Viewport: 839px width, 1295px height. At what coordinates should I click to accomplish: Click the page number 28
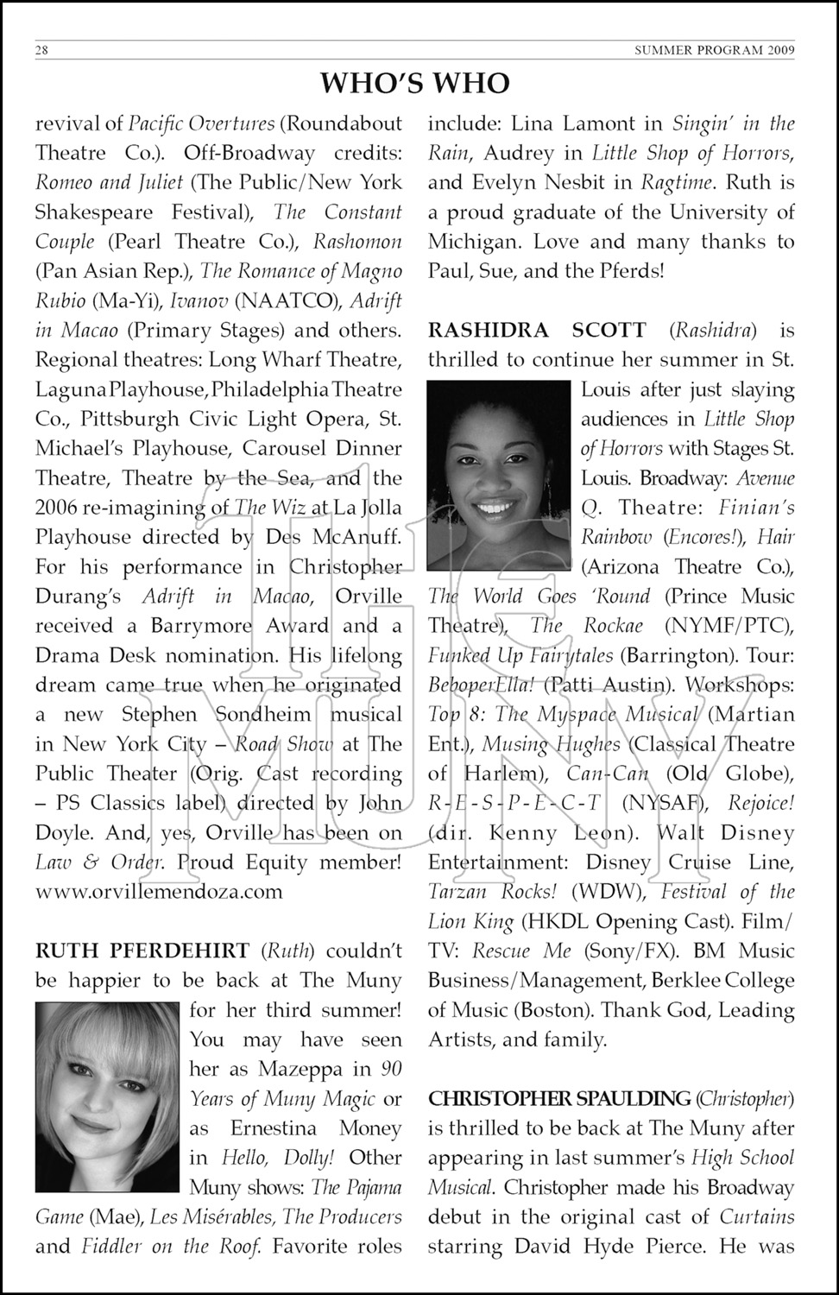(41, 50)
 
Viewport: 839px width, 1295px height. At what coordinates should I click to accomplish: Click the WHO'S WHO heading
(415, 83)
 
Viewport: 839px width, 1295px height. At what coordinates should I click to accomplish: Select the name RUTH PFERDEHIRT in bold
(142, 951)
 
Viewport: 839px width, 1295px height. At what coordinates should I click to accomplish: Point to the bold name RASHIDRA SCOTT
(537, 330)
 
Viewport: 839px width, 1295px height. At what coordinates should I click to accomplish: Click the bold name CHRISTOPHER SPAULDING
(559, 1098)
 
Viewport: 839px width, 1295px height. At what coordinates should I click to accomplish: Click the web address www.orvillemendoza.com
(159, 891)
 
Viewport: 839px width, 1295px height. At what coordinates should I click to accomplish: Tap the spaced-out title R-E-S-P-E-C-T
(514, 803)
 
